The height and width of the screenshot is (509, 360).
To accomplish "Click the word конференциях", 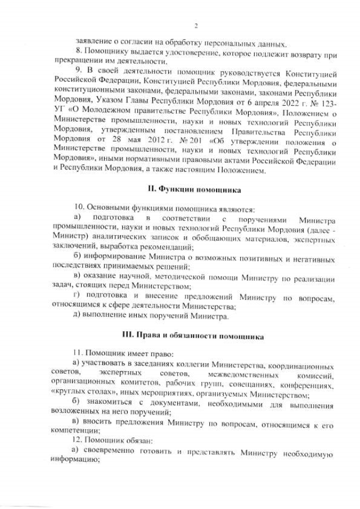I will point(312,385).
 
